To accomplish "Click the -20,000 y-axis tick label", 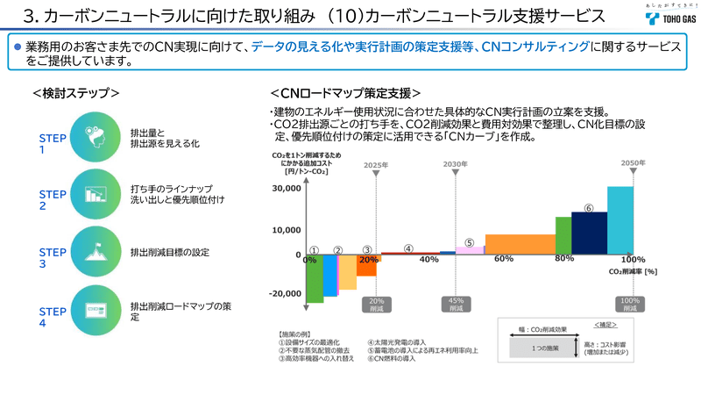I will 287,294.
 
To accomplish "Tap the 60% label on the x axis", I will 503,259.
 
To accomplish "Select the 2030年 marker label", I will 456,164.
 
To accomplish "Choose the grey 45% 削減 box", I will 456,305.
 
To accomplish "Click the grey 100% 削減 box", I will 630,305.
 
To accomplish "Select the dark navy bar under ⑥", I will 589,232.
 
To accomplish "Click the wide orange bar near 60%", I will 520,243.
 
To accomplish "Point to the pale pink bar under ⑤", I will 469,250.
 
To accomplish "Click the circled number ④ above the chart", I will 408,248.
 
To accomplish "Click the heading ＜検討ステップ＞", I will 75,92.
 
